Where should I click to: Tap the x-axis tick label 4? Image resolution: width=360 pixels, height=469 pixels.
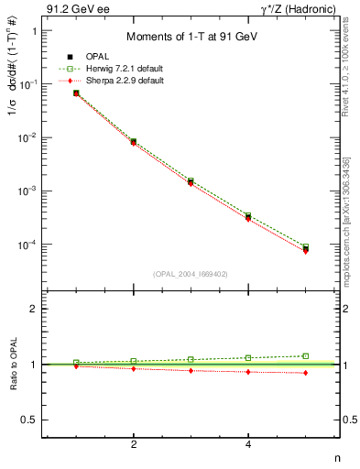tap(248, 445)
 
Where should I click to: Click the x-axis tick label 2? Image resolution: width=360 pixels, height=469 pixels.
tap(134, 445)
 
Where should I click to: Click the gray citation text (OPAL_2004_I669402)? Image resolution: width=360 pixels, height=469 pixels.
tap(190, 273)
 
